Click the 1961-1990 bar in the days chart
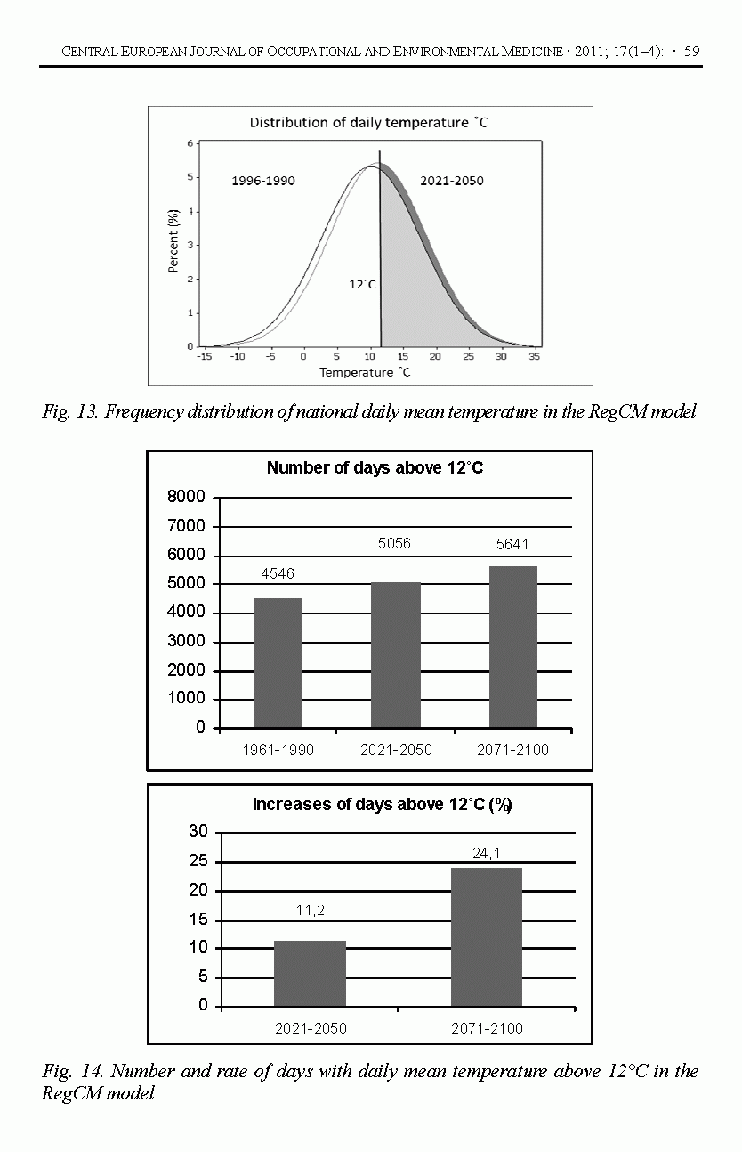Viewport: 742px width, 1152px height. click(278, 662)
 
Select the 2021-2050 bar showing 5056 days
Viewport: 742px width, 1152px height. click(396, 654)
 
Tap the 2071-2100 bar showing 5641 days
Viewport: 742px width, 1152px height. click(512, 646)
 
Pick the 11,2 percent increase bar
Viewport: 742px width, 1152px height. click(310, 973)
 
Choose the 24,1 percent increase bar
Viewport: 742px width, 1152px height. click(486, 937)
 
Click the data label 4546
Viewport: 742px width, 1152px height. click(278, 575)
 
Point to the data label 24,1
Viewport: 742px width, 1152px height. click(487, 852)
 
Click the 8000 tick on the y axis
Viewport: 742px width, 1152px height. click(187, 497)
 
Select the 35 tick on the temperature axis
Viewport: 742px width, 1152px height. click(534, 356)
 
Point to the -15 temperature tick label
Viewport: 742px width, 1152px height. click(205, 356)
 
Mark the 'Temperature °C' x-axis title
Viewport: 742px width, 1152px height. click(366, 372)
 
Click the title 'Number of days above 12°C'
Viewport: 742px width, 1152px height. click(375, 468)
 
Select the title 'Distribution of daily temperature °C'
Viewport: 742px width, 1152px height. click(368, 122)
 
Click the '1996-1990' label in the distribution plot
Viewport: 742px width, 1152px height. click(263, 181)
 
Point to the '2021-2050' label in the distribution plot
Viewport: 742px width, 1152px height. click(452, 181)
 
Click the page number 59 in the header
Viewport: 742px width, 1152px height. click(691, 52)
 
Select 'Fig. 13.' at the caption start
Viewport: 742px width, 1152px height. click(69, 411)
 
